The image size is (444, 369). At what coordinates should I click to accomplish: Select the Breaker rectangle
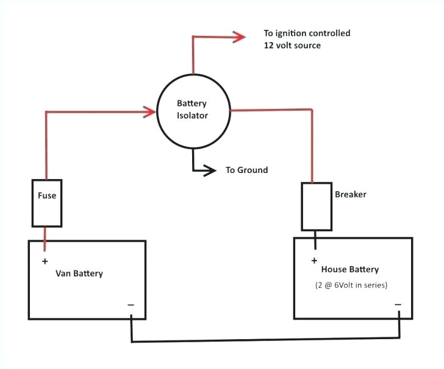point(316,206)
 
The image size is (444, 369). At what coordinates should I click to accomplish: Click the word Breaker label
point(351,195)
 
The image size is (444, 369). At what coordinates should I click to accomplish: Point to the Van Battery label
point(79,273)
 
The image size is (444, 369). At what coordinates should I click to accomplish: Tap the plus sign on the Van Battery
point(45,262)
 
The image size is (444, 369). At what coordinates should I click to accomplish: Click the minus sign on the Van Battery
point(131,304)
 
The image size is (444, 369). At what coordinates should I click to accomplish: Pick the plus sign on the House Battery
point(314,261)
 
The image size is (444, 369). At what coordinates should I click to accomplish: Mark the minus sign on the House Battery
point(398,304)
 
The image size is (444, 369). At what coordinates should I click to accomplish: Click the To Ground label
point(246,170)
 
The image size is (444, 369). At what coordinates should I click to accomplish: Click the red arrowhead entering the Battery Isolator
point(148,111)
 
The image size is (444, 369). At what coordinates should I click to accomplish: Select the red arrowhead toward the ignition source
point(237,37)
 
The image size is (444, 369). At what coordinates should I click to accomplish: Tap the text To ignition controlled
point(307,33)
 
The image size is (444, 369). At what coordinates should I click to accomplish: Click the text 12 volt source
point(292,46)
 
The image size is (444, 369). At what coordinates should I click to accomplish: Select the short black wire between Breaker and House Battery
point(315,240)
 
